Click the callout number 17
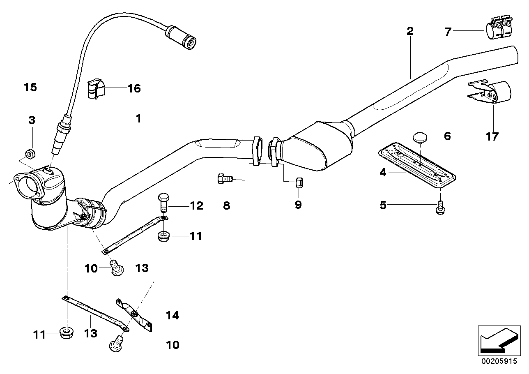pos(492,136)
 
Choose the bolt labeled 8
pos(225,179)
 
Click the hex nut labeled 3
pos(30,154)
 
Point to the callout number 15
pos(30,87)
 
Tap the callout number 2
pos(409,31)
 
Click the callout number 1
pos(138,119)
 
